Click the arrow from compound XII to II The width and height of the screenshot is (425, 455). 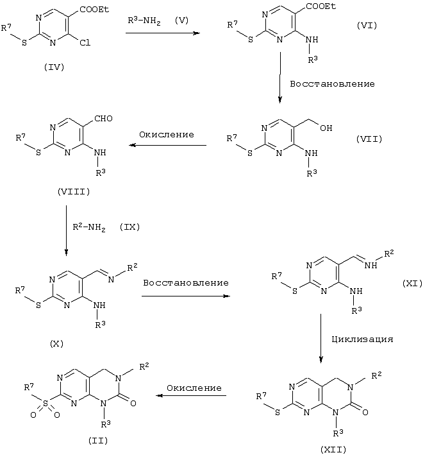click(192, 397)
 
